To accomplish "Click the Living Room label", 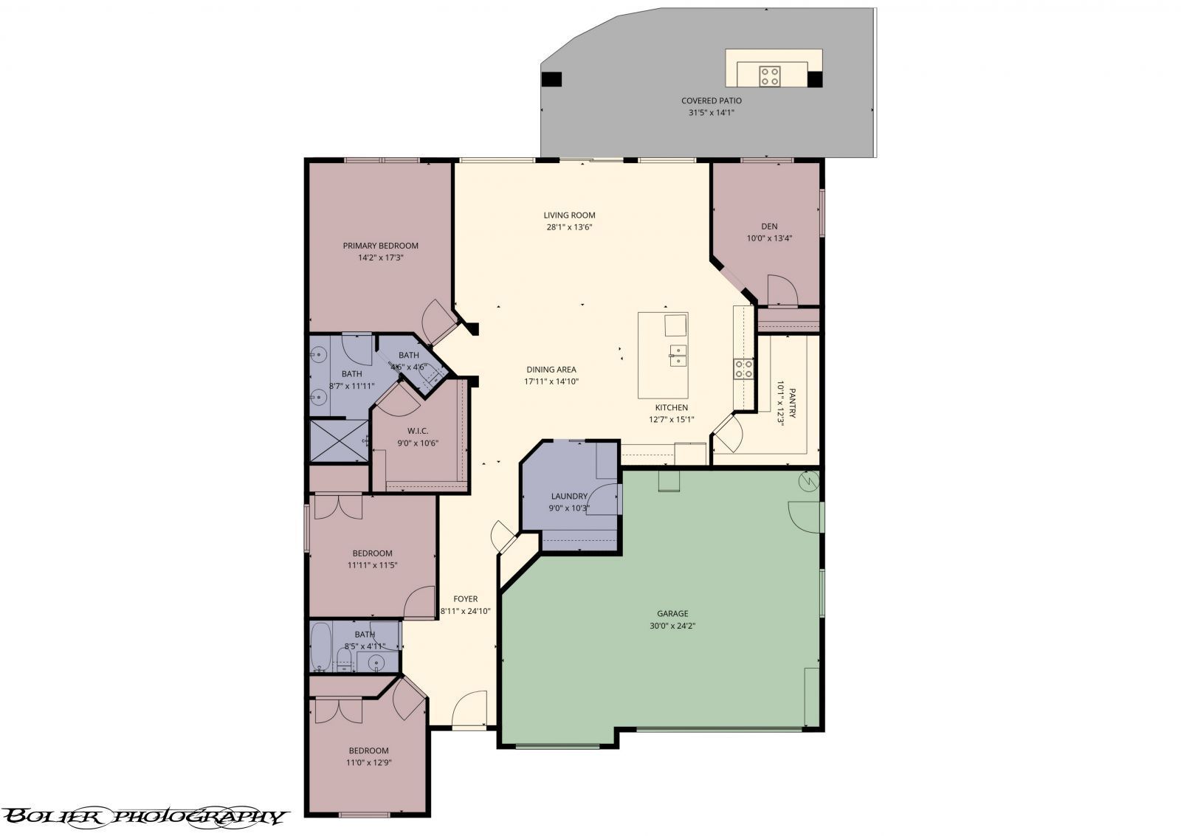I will [569, 215].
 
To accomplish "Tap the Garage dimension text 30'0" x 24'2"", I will [672, 625].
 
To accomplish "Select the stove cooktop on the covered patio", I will [769, 75].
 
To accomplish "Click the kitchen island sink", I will [678, 356].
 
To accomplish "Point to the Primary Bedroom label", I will [380, 246].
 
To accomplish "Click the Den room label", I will [769, 227].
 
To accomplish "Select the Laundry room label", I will [569, 497].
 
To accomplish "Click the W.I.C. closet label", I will [418, 431].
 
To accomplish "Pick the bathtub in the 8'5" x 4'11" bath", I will [321, 646].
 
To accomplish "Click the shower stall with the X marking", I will [339, 441].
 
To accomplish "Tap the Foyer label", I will [465, 599].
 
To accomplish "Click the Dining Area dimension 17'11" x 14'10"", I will [551, 381].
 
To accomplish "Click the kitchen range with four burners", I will [743, 368].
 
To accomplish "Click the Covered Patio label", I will [711, 100].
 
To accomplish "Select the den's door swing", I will [781, 291].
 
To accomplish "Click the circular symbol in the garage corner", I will [810, 481].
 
